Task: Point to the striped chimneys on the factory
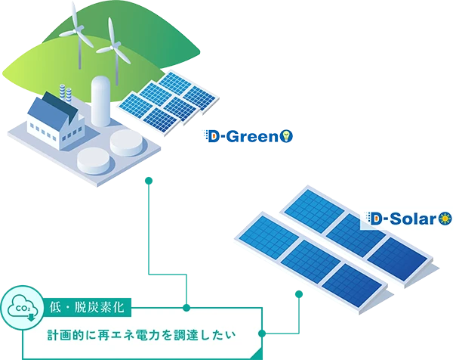tap(66, 95)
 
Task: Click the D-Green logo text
tap(242, 136)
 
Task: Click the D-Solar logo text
tap(404, 219)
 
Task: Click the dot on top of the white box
tap(185, 307)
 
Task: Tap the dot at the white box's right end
tap(261, 334)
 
